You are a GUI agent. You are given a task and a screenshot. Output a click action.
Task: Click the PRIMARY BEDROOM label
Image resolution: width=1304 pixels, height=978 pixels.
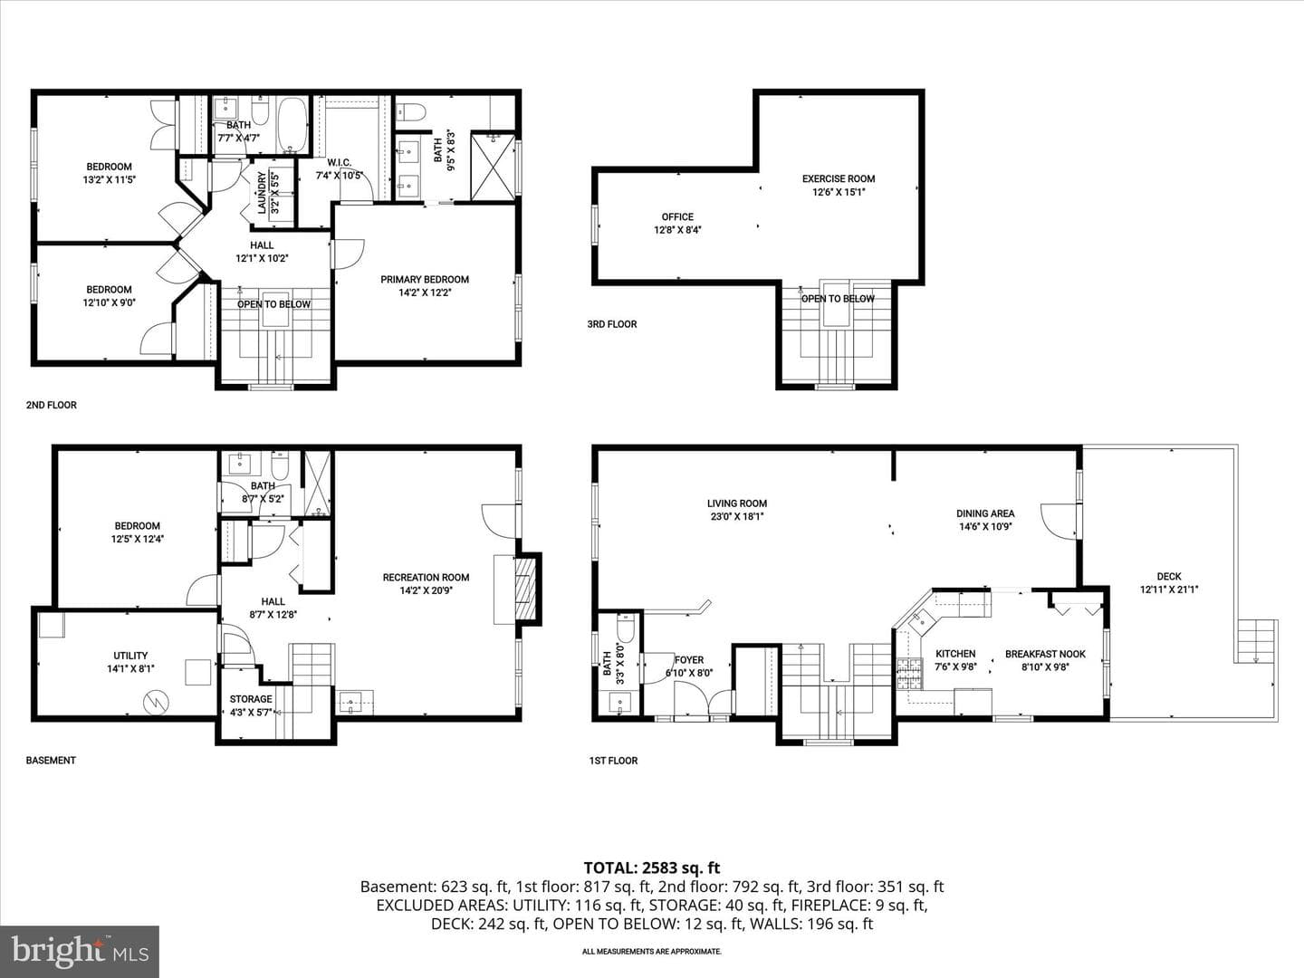tap(424, 279)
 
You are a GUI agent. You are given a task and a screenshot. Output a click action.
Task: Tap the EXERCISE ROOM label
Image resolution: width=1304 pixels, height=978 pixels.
tap(839, 178)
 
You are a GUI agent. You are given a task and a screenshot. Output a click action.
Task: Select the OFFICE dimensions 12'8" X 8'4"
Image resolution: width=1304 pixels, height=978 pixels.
tap(677, 230)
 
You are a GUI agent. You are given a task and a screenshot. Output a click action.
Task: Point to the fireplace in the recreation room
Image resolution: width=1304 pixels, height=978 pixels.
tap(525, 589)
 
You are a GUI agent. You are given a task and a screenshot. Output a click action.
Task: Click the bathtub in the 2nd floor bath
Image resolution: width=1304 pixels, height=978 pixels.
tap(292, 125)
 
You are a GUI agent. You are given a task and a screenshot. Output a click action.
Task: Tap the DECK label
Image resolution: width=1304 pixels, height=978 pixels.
tap(1168, 576)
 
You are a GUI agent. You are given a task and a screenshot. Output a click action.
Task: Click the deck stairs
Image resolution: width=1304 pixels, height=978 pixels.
tap(1257, 641)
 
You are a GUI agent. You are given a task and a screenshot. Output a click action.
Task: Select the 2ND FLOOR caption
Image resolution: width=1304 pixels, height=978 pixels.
tap(51, 405)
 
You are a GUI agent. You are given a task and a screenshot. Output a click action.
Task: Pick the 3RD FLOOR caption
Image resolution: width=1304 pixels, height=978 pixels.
tap(612, 324)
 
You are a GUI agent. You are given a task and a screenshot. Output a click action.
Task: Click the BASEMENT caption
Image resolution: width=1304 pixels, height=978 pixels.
tap(51, 760)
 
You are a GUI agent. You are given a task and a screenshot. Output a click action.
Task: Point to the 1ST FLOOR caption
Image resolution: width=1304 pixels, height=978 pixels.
tap(613, 761)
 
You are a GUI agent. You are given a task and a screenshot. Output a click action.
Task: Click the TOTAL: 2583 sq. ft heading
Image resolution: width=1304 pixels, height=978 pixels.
tap(652, 868)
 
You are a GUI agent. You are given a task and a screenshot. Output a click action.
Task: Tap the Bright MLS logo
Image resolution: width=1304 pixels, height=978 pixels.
tap(80, 952)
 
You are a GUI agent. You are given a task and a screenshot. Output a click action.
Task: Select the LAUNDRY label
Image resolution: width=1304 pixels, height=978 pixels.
tap(262, 192)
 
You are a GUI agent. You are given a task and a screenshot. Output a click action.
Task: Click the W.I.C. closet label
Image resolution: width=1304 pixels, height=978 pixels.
tap(340, 163)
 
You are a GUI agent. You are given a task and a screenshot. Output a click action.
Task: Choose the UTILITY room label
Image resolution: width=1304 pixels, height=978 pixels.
tap(130, 656)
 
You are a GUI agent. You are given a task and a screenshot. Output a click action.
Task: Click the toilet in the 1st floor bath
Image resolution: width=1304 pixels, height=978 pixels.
tap(626, 628)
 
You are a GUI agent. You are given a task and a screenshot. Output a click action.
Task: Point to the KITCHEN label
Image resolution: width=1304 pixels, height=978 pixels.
tap(955, 654)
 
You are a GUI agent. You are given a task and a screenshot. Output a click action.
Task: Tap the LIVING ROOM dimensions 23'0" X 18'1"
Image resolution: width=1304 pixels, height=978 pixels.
tap(736, 516)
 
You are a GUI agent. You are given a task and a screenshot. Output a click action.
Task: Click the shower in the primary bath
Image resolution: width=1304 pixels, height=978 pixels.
tap(493, 168)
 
